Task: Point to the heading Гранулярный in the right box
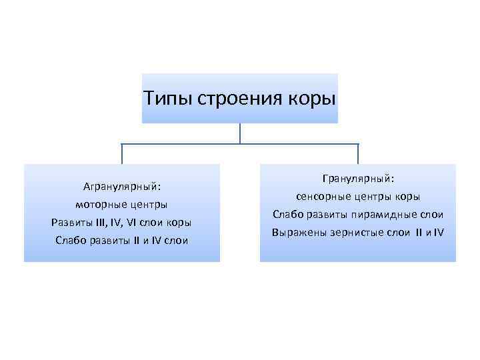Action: [x=358, y=179]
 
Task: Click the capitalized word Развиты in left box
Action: [x=71, y=221]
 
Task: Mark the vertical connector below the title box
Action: [x=240, y=133]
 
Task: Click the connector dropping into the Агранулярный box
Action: [x=122, y=154]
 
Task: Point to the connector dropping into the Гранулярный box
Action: [x=358, y=154]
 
